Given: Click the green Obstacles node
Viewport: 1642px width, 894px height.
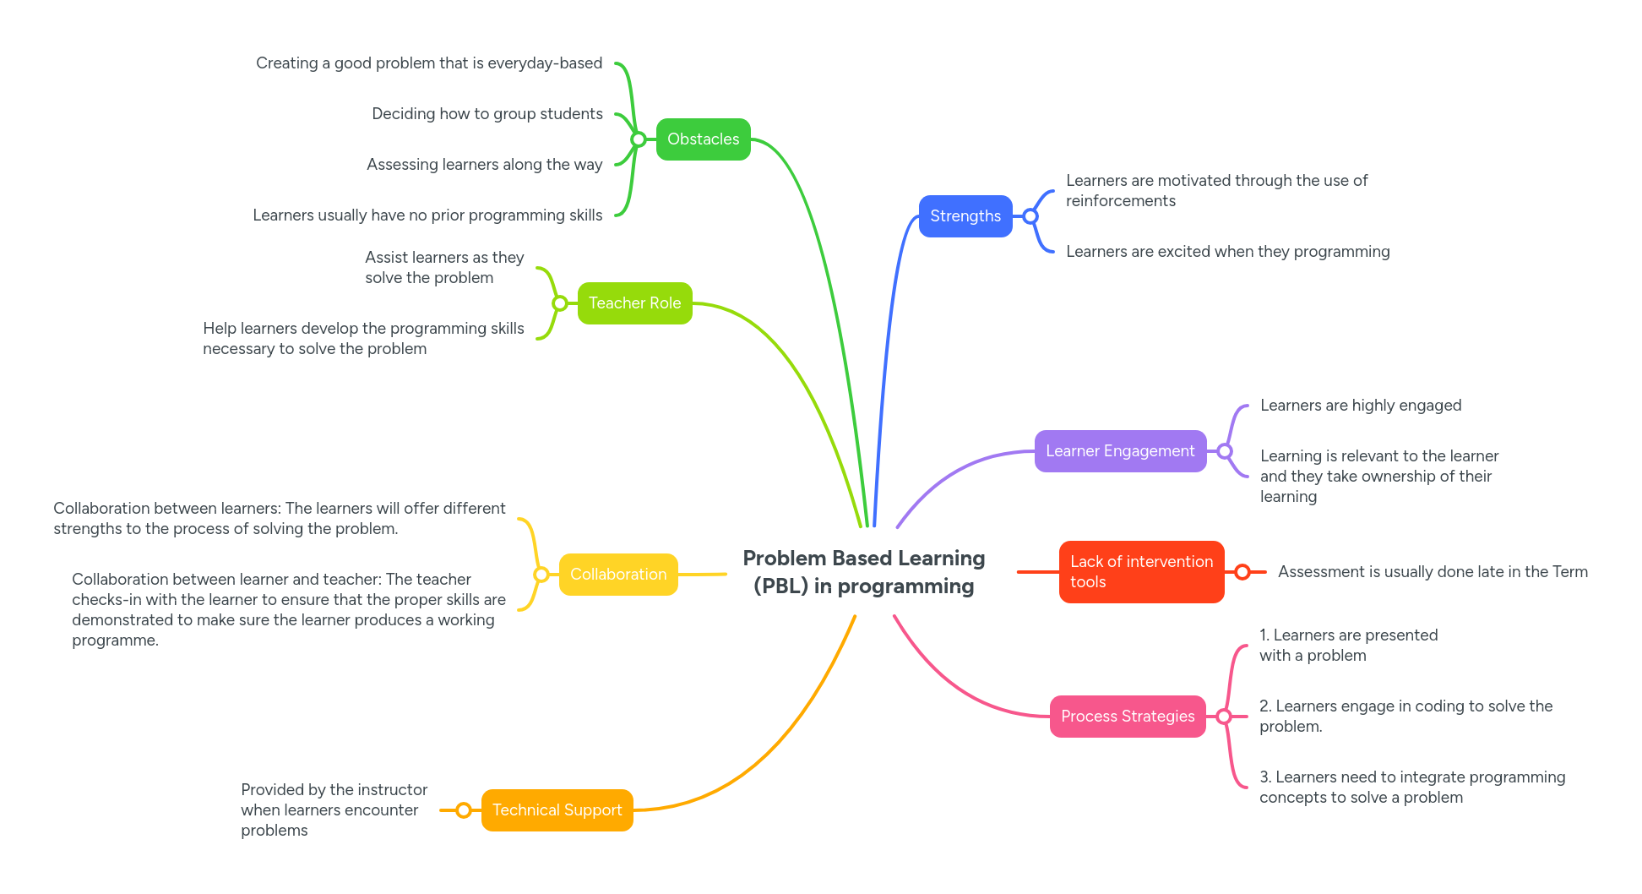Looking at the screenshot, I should click(703, 139).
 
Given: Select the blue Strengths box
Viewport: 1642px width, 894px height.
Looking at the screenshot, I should click(965, 216).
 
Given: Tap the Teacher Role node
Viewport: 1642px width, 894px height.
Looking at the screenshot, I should click(634, 303).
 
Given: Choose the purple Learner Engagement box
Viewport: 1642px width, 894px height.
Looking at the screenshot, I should click(1120, 451).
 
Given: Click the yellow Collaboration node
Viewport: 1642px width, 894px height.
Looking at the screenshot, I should click(618, 575).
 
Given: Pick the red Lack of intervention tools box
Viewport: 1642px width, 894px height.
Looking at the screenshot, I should click(1140, 572).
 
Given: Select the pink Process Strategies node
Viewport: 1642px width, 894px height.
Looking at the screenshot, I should click(1127, 717).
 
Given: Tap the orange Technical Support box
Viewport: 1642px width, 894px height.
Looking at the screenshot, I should click(557, 810).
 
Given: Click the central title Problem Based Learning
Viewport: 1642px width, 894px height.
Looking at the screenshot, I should click(863, 572).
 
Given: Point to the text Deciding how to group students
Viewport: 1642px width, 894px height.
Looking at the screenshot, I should click(487, 114).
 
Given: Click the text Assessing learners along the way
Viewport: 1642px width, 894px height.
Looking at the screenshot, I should click(484, 165).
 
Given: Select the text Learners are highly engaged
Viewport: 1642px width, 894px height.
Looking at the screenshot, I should click(1360, 406).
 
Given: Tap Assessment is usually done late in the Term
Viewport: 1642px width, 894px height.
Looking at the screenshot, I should click(1433, 572).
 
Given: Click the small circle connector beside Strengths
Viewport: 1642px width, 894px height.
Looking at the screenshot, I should click(1030, 216).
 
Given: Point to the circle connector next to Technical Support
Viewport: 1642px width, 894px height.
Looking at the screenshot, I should click(464, 810).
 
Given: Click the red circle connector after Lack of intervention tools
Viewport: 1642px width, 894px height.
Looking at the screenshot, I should click(1242, 572).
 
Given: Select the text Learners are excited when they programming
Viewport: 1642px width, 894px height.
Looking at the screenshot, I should click(1227, 252).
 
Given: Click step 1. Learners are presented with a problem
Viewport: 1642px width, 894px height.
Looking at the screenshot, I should click(1348, 646).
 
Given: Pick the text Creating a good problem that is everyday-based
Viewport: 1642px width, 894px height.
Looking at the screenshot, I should click(429, 63).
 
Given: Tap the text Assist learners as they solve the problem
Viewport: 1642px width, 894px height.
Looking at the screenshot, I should click(444, 268).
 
